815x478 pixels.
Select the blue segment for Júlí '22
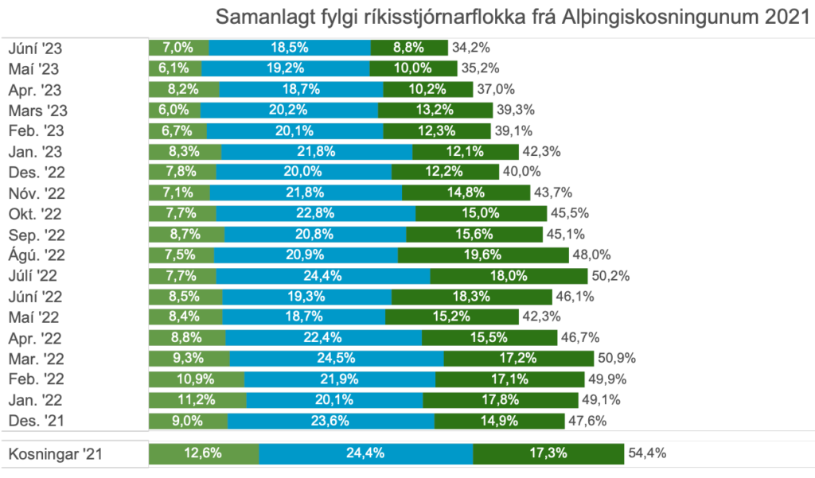pyautogui.click(x=322, y=276)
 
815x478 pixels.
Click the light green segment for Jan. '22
pyautogui.click(x=197, y=400)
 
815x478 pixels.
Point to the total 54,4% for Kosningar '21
pyautogui.click(x=646, y=454)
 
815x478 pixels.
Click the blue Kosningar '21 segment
pyautogui.click(x=366, y=454)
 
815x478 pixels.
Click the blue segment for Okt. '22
pyautogui.click(x=315, y=214)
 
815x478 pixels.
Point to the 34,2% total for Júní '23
pyautogui.click(x=470, y=48)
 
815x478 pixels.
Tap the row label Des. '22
pyautogui.click(x=36, y=172)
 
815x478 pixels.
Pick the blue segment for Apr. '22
pyautogui.click(x=322, y=338)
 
